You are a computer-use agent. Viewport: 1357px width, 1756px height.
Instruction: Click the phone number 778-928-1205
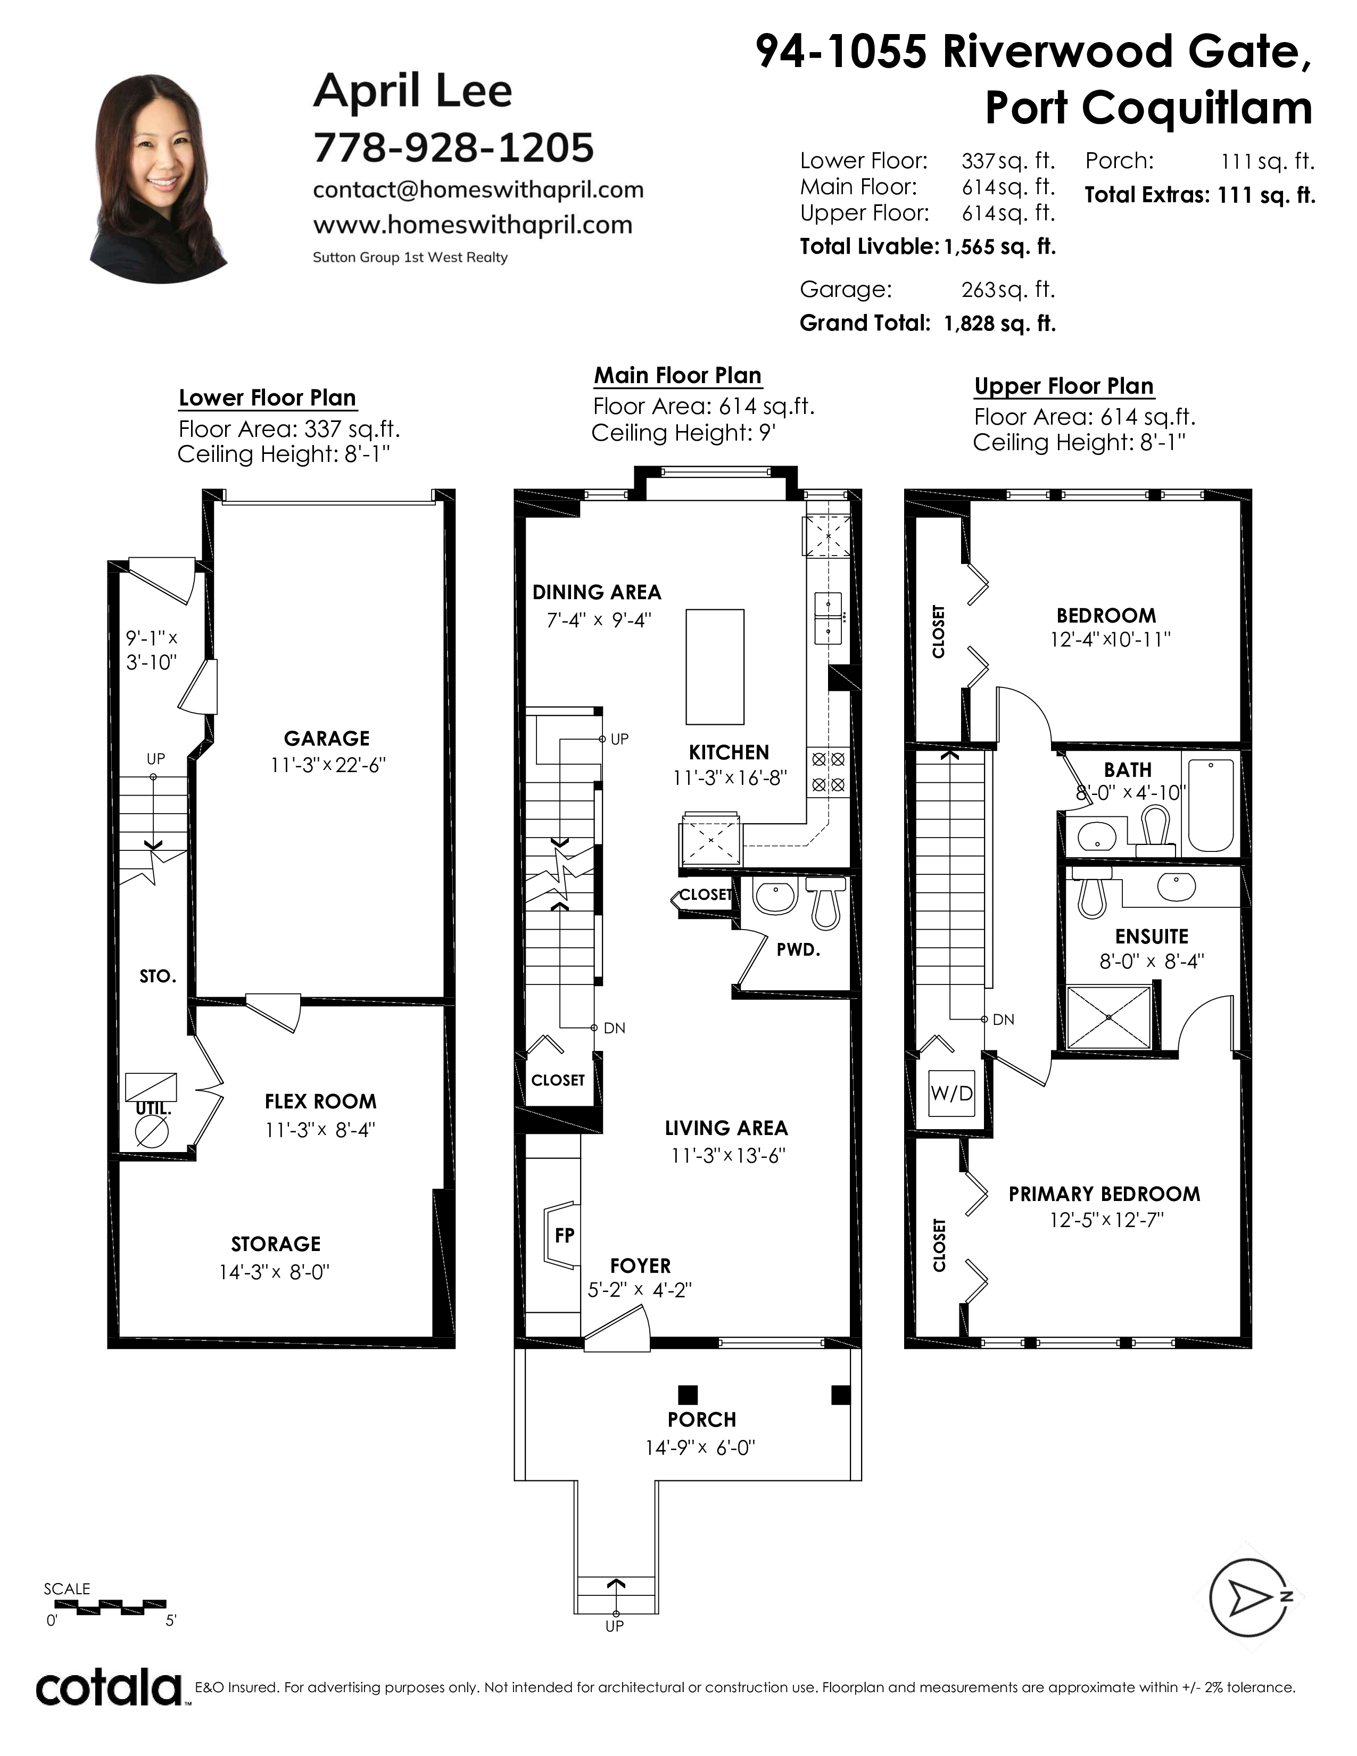point(453,147)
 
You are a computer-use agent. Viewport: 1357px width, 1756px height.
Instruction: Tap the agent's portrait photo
point(161,179)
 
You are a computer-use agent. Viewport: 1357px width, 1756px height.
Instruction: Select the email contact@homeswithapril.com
point(478,190)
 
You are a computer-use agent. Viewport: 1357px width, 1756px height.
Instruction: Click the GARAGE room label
point(326,738)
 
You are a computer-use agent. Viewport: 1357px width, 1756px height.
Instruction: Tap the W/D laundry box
point(952,1094)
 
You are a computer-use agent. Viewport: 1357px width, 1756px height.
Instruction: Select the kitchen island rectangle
point(715,667)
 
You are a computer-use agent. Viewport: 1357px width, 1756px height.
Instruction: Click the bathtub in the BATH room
point(1211,805)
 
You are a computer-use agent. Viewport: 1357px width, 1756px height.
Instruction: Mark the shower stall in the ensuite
point(1108,1017)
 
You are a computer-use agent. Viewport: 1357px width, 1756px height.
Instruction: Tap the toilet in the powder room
point(825,901)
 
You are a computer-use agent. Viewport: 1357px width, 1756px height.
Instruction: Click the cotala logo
point(109,1690)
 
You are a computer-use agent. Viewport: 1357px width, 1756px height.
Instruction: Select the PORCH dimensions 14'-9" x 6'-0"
point(700,1470)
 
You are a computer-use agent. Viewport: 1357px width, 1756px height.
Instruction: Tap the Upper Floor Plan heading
point(1064,387)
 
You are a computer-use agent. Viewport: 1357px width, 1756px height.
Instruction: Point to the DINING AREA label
point(597,593)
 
